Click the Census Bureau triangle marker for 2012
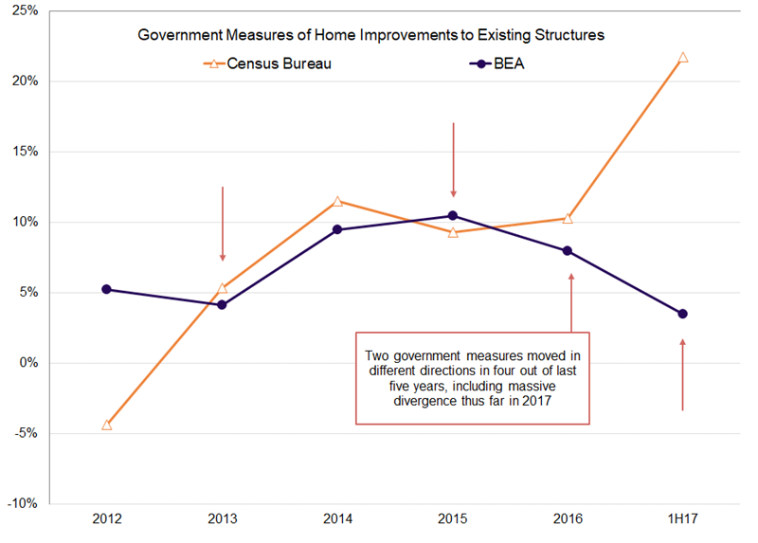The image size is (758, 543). click(x=106, y=425)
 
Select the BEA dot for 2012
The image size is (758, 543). click(x=106, y=289)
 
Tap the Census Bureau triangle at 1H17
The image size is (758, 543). click(x=683, y=58)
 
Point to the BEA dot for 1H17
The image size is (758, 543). click(x=683, y=314)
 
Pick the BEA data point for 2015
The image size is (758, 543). click(x=453, y=216)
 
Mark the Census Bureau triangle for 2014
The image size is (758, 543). click(x=337, y=202)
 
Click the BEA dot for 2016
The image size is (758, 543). click(x=568, y=251)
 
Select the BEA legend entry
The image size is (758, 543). click(x=493, y=63)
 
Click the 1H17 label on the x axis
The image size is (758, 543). click(x=683, y=519)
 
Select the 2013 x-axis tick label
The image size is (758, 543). click(x=222, y=519)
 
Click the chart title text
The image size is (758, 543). click(x=371, y=35)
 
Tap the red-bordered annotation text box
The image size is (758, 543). click(x=472, y=378)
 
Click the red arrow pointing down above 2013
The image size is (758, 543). click(x=223, y=224)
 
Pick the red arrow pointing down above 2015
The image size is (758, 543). click(x=453, y=159)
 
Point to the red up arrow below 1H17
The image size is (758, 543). click(x=683, y=374)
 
